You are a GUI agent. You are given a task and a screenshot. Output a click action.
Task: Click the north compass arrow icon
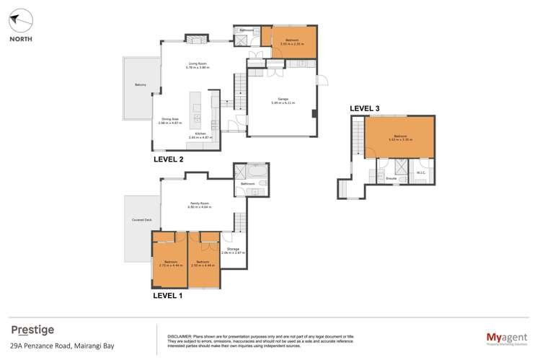click(x=21, y=20)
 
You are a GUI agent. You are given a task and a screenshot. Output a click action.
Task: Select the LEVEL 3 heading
click(x=364, y=108)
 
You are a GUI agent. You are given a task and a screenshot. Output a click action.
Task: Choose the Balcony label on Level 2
click(x=140, y=85)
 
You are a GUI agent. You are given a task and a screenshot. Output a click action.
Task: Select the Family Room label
click(x=199, y=204)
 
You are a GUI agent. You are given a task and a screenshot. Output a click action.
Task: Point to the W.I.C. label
click(x=422, y=172)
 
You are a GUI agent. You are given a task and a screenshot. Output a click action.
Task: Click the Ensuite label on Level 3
click(x=391, y=177)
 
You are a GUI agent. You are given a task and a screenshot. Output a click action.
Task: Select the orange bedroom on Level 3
click(x=400, y=136)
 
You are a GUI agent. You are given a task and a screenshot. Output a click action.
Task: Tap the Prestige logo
click(x=32, y=330)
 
